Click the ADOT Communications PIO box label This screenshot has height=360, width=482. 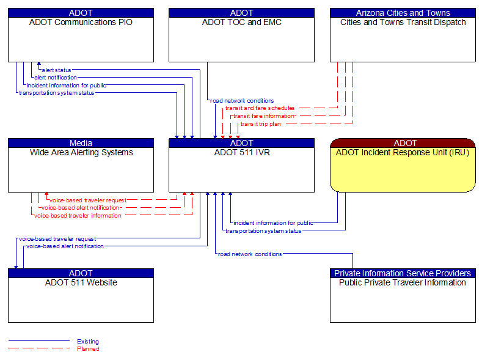81,23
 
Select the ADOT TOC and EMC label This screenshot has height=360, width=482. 241,23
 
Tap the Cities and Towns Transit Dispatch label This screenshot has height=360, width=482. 403,23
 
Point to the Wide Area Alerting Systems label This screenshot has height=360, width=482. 81,153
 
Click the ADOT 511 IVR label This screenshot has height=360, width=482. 241,153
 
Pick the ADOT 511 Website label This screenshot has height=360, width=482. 81,283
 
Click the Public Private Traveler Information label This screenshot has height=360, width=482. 403,283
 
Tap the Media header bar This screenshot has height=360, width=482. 81,143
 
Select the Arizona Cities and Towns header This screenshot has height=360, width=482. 403,13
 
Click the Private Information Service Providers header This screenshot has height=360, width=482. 403,273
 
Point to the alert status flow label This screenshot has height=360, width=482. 56,70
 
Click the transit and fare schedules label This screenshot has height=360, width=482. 260,108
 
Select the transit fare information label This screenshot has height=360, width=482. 263,116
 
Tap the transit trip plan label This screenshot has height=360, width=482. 261,124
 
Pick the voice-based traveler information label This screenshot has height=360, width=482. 78,216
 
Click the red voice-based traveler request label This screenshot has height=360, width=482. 88,200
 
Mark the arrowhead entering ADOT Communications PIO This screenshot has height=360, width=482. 38,64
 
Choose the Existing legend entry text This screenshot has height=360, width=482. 87,342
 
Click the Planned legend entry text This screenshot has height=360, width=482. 87,349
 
